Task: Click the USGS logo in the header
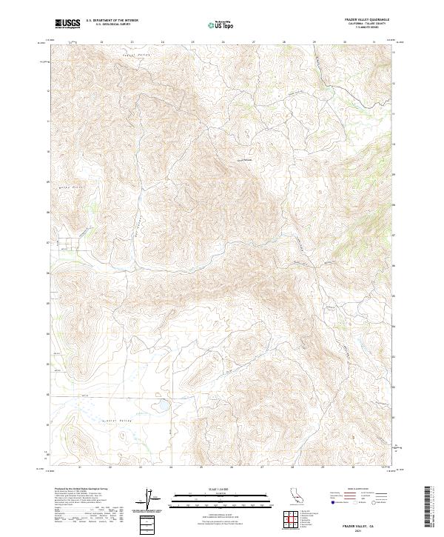click(67, 24)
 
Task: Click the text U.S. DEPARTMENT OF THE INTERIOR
click(112, 21)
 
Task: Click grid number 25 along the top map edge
click(192, 42)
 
